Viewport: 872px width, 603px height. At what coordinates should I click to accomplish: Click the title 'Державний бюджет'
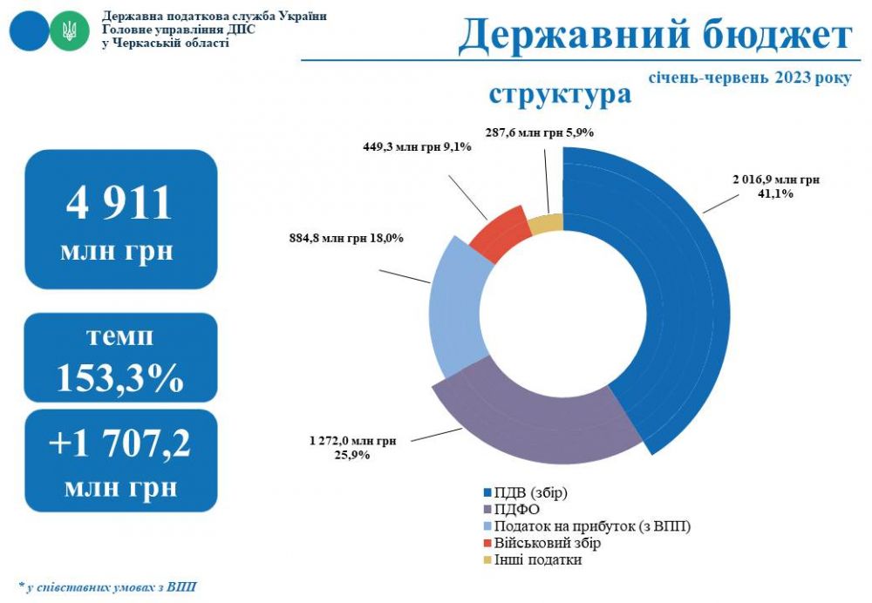click(x=654, y=36)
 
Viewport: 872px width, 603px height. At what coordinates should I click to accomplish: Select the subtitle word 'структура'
click(x=560, y=94)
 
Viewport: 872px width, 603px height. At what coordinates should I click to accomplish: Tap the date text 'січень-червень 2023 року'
click(x=749, y=78)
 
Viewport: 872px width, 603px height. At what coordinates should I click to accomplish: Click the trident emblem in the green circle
click(x=67, y=31)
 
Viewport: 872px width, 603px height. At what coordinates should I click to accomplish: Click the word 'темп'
click(x=119, y=336)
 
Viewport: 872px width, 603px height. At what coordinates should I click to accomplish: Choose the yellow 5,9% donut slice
click(x=546, y=224)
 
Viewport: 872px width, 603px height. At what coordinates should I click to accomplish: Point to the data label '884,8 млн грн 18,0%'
click(x=345, y=238)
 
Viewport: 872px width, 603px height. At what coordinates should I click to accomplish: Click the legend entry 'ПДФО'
click(x=514, y=510)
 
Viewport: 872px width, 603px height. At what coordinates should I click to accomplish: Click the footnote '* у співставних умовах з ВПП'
click(x=106, y=586)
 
